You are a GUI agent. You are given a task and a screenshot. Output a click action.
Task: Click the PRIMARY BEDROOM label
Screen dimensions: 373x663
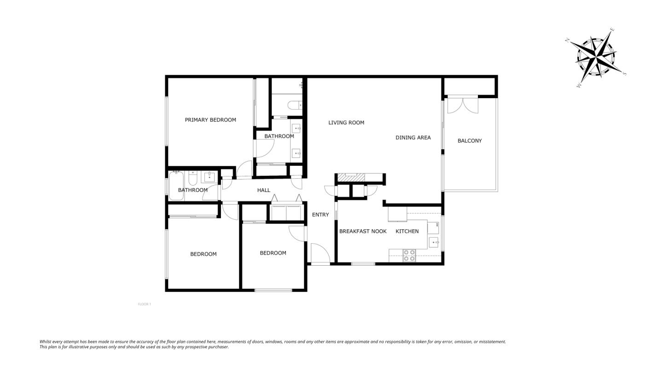[210, 120]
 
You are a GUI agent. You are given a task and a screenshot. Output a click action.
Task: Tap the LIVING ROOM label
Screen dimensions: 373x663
[346, 122]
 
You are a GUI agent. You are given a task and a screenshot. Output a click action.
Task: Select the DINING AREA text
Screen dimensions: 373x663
[413, 137]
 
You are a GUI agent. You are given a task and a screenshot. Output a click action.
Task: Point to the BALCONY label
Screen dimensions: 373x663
[470, 140]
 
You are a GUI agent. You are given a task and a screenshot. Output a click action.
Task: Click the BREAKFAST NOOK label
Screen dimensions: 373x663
[363, 231]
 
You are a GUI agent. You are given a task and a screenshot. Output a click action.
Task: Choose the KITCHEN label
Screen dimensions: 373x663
[407, 231]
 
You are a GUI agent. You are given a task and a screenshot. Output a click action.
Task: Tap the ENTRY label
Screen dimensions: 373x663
[320, 215]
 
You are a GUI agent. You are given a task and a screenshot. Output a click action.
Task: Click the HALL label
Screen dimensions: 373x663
[263, 190]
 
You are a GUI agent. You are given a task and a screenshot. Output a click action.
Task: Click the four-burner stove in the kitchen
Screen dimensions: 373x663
[409, 256]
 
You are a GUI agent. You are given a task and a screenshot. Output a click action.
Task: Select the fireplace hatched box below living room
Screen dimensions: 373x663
[350, 177]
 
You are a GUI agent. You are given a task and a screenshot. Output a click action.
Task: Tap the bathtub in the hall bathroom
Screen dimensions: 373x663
[176, 185]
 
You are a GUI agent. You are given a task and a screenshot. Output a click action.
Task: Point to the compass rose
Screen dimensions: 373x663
[596, 58]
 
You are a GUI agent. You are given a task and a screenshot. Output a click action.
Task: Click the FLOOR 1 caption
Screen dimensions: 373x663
[144, 304]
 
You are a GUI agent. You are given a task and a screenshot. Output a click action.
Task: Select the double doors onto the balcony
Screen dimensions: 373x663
[463, 105]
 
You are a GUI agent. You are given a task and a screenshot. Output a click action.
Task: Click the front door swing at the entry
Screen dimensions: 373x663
[320, 254]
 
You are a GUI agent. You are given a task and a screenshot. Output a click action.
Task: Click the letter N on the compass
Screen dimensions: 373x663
[568, 40]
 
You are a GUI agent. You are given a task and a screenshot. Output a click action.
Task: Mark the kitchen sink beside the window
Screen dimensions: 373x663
[433, 242]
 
